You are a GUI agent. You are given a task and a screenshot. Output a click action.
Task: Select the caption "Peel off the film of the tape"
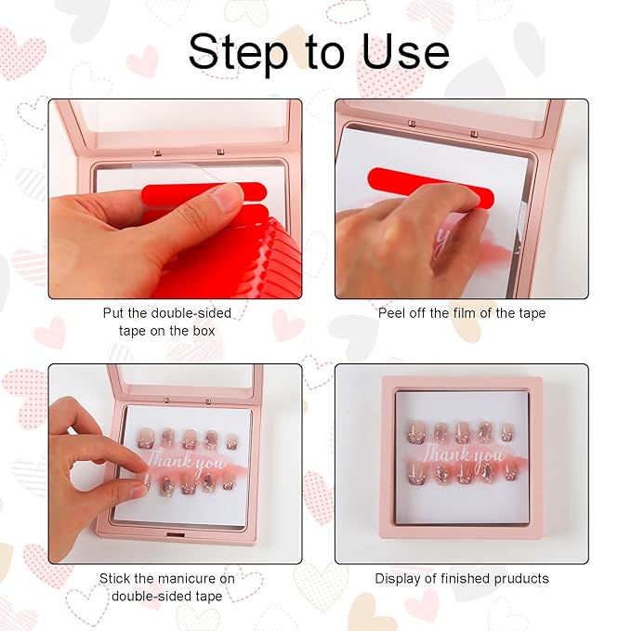(x=462, y=313)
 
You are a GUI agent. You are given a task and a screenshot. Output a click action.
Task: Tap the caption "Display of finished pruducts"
(x=462, y=578)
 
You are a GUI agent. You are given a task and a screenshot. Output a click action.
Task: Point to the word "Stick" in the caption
(x=116, y=578)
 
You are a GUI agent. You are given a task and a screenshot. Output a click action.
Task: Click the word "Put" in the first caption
(x=114, y=313)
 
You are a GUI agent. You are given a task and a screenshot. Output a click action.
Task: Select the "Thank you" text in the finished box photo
(x=463, y=455)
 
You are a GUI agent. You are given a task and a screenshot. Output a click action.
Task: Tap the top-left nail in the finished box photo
(x=417, y=432)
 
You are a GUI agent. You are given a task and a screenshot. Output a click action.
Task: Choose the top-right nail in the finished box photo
(x=507, y=432)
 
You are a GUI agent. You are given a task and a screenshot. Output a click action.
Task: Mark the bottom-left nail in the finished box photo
(x=417, y=476)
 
